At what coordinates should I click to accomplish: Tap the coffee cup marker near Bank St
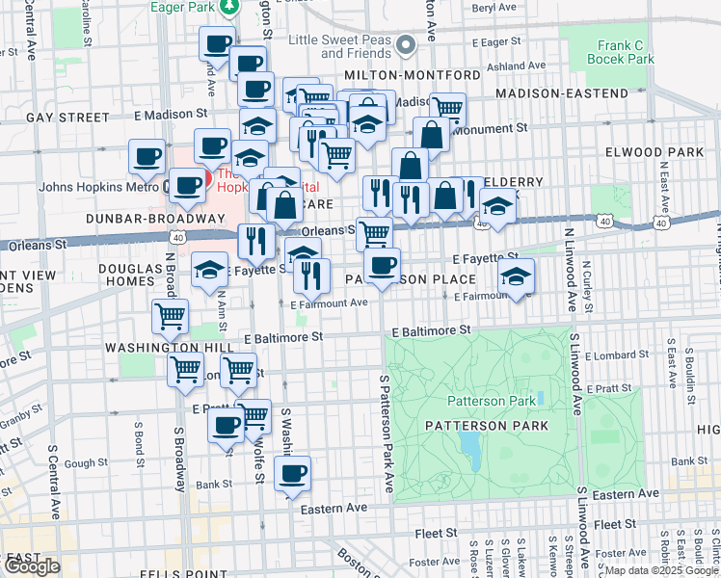point(292,474)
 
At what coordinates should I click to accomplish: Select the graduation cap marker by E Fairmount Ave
point(517,277)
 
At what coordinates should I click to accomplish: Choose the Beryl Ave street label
point(494,7)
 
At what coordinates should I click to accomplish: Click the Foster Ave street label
point(434,561)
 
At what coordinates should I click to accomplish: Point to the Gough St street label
point(87,463)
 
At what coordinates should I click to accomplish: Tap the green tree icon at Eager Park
point(230,8)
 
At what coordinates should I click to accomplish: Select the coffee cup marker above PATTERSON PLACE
point(382,266)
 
